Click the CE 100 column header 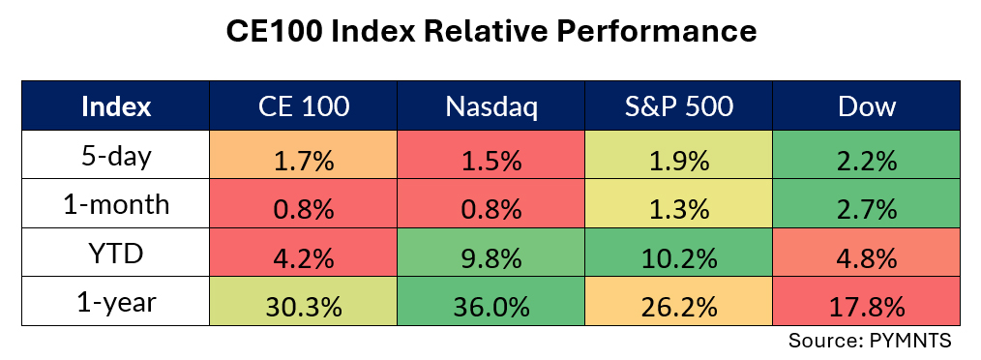click(x=304, y=106)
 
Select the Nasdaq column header click(x=491, y=106)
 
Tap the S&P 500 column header click(x=679, y=106)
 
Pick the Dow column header click(x=867, y=106)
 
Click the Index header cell click(x=116, y=106)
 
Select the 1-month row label click(x=116, y=204)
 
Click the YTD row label click(x=116, y=253)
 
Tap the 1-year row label click(x=116, y=302)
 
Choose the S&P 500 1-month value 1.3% click(x=679, y=210)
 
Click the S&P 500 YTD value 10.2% click(x=679, y=258)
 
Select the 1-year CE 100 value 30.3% click(x=304, y=308)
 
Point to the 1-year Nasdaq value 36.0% click(x=491, y=308)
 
